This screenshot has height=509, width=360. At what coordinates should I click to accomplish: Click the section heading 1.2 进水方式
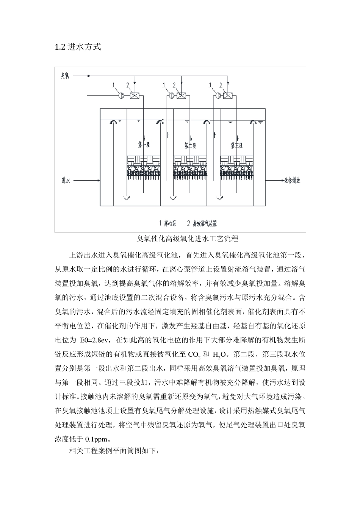(78, 47)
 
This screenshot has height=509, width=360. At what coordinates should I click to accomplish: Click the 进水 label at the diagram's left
(66, 181)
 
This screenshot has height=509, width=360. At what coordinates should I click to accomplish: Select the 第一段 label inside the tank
(144, 145)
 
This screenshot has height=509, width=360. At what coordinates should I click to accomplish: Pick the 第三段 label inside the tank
(237, 145)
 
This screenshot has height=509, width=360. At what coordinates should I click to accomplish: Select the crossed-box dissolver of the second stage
(182, 96)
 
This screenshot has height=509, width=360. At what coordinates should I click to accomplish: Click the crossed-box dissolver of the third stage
(228, 96)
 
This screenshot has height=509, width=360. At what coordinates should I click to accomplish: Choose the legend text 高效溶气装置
(205, 223)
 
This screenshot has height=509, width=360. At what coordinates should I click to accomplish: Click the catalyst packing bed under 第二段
(190, 167)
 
